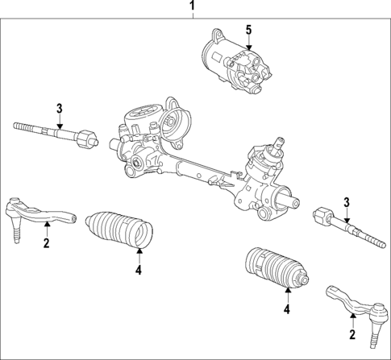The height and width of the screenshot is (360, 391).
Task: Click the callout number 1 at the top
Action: point(193,9)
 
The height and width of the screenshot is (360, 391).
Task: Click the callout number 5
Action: point(249,30)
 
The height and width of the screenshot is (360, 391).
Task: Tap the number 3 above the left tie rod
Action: point(60,108)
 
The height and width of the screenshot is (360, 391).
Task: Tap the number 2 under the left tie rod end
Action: point(47,242)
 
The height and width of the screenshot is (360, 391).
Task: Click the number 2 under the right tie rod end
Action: point(352,334)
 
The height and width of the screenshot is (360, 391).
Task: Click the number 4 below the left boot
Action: point(139,271)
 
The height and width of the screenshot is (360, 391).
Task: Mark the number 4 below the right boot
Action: point(286,308)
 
